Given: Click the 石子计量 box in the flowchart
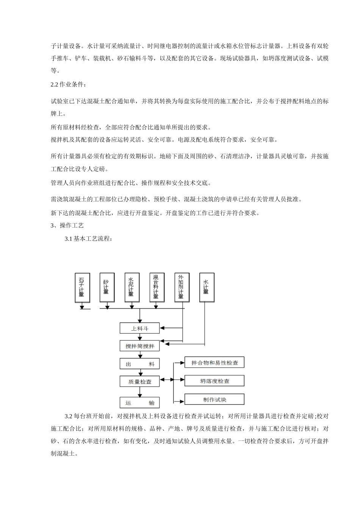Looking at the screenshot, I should click(x=82, y=287).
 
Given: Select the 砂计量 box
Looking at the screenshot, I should click(x=107, y=287).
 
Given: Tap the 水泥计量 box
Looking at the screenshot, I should click(x=131, y=287).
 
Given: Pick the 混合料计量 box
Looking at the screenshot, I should click(x=157, y=287).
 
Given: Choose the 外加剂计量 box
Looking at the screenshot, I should click(x=182, y=287).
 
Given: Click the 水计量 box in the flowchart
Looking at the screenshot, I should click(x=206, y=287).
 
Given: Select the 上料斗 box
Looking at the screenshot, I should click(x=139, y=328).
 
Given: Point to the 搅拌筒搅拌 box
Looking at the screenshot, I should click(x=139, y=346).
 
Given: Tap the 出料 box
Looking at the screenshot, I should click(x=139, y=364).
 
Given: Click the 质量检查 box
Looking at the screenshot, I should click(x=139, y=382).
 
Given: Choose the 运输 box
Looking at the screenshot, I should click(x=139, y=402).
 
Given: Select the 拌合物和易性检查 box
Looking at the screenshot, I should click(x=214, y=362).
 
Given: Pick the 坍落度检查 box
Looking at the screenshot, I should click(x=214, y=381).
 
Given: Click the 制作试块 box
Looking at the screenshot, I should click(x=214, y=399).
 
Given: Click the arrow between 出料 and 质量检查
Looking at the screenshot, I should click(x=140, y=373).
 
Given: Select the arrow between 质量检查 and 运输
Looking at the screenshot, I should click(x=140, y=392).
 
